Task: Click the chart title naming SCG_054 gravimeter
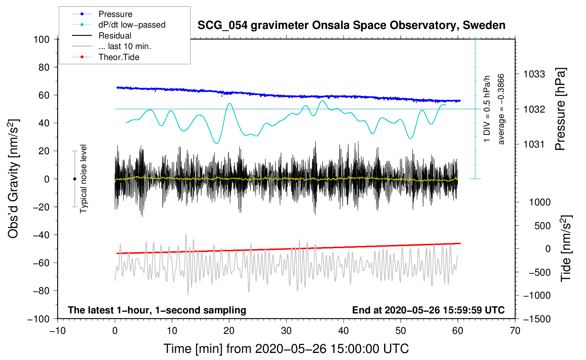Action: click(351, 25)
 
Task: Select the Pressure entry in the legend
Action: click(115, 14)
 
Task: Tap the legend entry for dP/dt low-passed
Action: click(132, 25)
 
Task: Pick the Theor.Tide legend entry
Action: click(119, 57)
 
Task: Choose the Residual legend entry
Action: click(115, 36)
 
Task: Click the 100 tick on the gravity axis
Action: click(41, 39)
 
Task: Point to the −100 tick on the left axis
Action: click(38, 319)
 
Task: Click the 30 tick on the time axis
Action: click(286, 331)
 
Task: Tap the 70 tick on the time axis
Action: click(515, 331)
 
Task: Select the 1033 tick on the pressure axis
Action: click(534, 74)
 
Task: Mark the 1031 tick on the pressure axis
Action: click(534, 144)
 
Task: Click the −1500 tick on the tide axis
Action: click(537, 319)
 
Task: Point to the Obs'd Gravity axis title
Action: click(13, 179)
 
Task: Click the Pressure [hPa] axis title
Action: click(560, 109)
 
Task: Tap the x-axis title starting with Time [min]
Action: click(286, 349)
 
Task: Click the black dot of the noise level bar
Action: click(74, 179)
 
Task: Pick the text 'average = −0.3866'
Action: click(501, 109)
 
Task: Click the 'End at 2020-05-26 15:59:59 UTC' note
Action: click(428, 310)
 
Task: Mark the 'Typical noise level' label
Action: click(83, 179)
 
